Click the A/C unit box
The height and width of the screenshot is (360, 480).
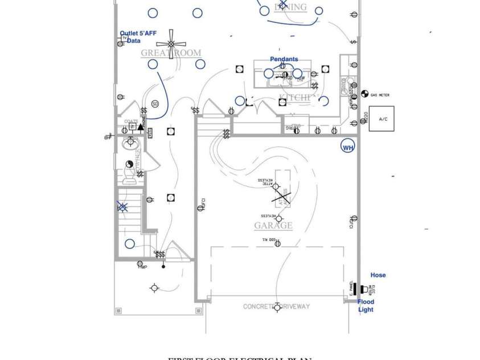[381, 118]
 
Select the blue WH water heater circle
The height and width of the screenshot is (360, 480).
[347, 147]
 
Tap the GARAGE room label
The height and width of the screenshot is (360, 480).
[273, 226]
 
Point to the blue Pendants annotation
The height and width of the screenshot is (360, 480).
[284, 59]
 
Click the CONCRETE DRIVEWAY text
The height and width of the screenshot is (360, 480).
[277, 306]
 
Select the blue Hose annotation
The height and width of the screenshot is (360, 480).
[378, 275]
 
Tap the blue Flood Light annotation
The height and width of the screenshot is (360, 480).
[366, 306]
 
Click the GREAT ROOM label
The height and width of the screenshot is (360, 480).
[171, 53]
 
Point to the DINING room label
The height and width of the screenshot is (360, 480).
[290, 7]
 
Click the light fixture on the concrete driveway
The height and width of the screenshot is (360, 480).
[277, 307]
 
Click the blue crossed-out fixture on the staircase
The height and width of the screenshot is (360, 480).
[122, 207]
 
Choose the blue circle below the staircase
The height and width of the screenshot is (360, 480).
[130, 244]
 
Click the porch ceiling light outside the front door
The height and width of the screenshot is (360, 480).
[154, 287]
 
